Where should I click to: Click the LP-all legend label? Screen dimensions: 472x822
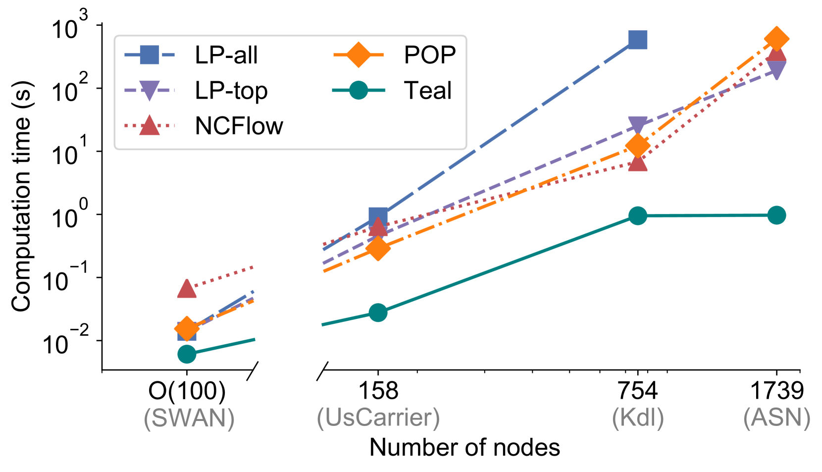[226, 55]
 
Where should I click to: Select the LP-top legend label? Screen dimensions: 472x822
[231, 91]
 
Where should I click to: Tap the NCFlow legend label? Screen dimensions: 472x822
[239, 126]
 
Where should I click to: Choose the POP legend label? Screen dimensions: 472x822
[430, 55]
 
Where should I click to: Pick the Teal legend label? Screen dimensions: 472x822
[428, 91]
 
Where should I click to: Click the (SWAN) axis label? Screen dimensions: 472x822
[189, 418]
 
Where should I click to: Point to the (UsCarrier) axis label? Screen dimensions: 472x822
[378, 418]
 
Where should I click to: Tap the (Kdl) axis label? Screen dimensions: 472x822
[638, 418]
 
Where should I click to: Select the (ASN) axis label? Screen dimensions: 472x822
[776, 418]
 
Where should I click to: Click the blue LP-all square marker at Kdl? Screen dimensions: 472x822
[638, 40]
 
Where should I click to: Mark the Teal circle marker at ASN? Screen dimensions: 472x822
[776, 215]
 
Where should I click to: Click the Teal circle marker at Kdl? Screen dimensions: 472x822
[638, 215]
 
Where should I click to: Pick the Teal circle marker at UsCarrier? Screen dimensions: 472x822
[378, 313]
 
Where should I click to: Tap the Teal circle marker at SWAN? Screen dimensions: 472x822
[187, 354]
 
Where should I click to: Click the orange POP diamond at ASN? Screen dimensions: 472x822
[776, 39]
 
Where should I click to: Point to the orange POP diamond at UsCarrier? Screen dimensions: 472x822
[378, 248]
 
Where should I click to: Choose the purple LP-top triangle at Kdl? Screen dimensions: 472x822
[638, 124]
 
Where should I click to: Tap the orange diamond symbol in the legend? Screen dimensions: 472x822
[359, 55]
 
